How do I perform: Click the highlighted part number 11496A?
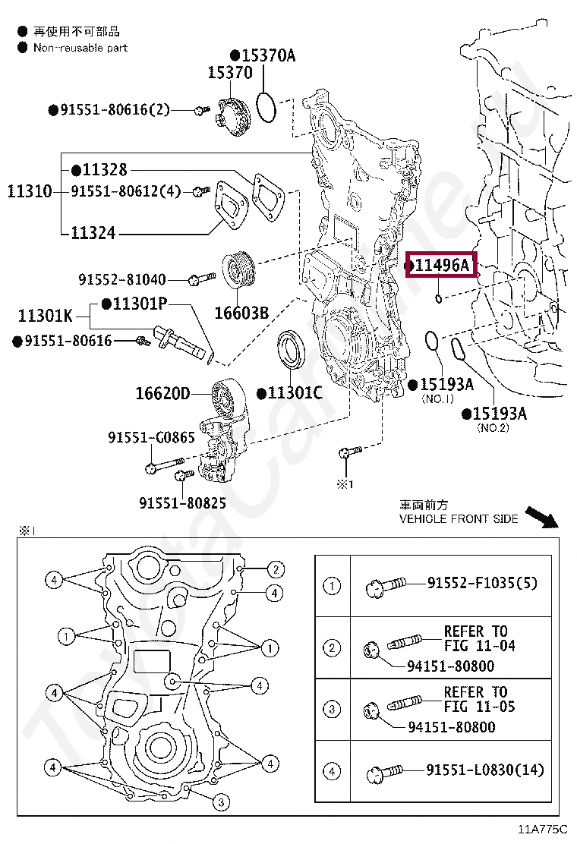443,265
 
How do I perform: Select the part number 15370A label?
263,55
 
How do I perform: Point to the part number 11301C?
295,392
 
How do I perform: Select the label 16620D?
162,393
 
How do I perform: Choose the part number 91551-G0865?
151,437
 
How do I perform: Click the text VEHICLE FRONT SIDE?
459,519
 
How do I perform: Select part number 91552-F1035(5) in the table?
482,583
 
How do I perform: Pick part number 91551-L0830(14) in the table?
485,770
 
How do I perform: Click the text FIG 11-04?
479,645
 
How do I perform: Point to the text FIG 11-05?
479,707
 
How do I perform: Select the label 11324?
93,232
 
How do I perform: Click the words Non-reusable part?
80,48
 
